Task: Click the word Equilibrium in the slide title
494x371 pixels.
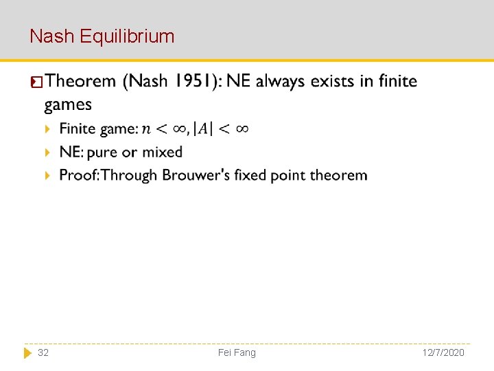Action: pos(127,36)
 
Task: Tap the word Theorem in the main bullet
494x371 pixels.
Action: pos(81,82)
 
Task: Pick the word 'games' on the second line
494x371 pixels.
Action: pos(68,105)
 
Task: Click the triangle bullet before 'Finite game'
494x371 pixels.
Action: pos(47,129)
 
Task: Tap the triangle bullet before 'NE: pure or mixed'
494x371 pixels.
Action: pos(47,153)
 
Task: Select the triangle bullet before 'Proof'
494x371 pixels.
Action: pos(47,176)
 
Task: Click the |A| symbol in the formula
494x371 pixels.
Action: pos(203,129)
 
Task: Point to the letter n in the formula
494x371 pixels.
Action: pos(146,129)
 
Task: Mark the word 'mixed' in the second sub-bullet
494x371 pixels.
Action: pos(163,152)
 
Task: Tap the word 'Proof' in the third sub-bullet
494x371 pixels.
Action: pos(78,175)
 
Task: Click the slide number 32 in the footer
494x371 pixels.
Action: pos(43,352)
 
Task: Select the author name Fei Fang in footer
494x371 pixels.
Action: pos(237,352)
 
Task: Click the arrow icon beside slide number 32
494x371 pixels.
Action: pos(27,352)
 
